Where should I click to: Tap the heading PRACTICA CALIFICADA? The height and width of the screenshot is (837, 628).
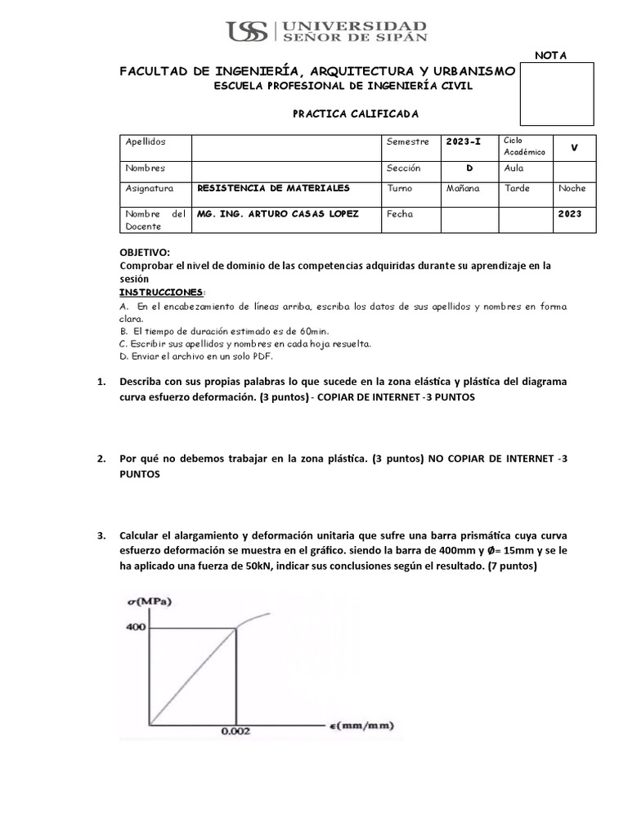pyautogui.click(x=343, y=114)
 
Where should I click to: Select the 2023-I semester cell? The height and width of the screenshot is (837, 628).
pyautogui.click(x=464, y=142)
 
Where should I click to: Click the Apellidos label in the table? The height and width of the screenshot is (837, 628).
pyautogui.click(x=146, y=142)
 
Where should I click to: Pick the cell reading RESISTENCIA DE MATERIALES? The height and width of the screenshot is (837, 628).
pyautogui.click(x=273, y=188)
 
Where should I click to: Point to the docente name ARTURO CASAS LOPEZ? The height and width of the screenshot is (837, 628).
pyautogui.click(x=278, y=214)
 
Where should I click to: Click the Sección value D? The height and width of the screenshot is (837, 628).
pyautogui.click(x=469, y=168)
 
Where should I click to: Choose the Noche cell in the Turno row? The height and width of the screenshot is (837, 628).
pyautogui.click(x=572, y=188)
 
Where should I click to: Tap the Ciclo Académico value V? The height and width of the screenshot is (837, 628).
pyautogui.click(x=574, y=147)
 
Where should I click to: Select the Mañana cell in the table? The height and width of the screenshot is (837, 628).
pyautogui.click(x=462, y=188)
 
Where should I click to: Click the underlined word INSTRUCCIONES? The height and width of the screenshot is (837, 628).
pyautogui.click(x=160, y=292)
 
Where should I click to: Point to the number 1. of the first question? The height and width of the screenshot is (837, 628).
pyautogui.click(x=101, y=383)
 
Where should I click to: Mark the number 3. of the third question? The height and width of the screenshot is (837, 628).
pyautogui.click(x=101, y=536)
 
